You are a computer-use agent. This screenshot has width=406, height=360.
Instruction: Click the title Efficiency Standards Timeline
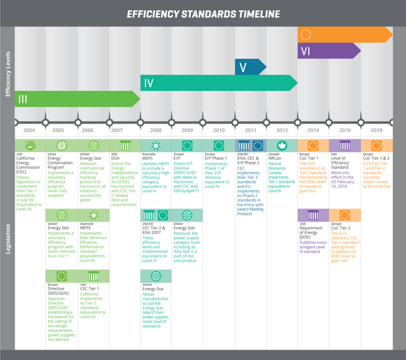click(x=203, y=13)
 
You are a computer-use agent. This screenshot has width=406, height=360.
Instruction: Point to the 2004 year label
click(x=29, y=130)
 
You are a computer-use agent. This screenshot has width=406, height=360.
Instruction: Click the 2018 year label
click(x=376, y=130)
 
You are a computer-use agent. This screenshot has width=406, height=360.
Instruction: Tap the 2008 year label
click(x=156, y=130)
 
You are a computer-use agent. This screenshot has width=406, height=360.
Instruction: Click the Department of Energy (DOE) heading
click(x=313, y=231)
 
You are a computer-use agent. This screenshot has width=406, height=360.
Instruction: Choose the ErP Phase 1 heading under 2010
click(x=219, y=158)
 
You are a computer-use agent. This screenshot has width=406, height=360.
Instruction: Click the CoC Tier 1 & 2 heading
click(x=376, y=158)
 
